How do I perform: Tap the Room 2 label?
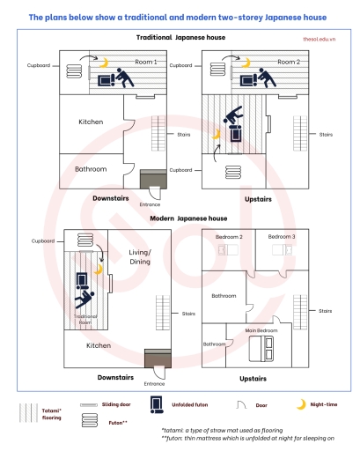click(288, 63)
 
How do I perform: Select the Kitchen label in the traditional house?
click(91, 122)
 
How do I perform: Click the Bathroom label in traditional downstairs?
click(91, 168)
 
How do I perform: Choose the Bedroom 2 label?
click(230, 237)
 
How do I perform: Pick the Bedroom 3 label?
click(282, 237)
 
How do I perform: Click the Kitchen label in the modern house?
click(99, 345)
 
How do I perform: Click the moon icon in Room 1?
click(103, 63)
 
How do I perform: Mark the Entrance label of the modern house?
click(154, 384)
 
